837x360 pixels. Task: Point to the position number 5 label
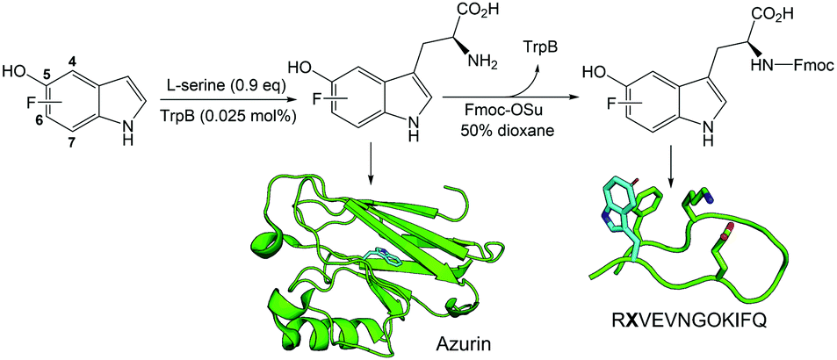(x=47, y=76)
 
